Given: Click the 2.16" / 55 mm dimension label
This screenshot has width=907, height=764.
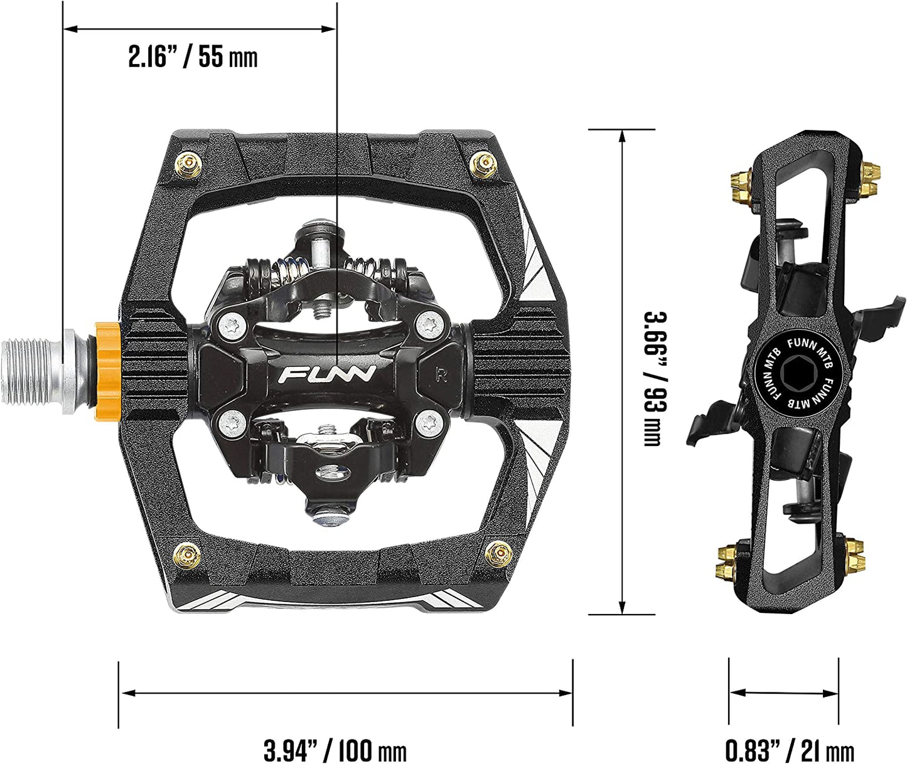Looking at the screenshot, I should coord(193,57).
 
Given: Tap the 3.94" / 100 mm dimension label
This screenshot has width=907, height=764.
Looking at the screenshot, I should coord(335,750).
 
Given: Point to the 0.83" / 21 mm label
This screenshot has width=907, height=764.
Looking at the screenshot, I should coord(789,750).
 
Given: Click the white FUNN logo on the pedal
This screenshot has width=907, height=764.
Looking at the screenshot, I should coord(326,374).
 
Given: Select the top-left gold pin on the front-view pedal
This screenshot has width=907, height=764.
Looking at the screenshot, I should coord(190,165).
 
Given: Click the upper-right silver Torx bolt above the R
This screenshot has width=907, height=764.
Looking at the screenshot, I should coord(428,324).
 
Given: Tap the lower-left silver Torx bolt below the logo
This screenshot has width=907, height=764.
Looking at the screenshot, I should coord(233,422).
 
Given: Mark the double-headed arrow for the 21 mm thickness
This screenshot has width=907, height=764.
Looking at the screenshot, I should coord(784,693).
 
